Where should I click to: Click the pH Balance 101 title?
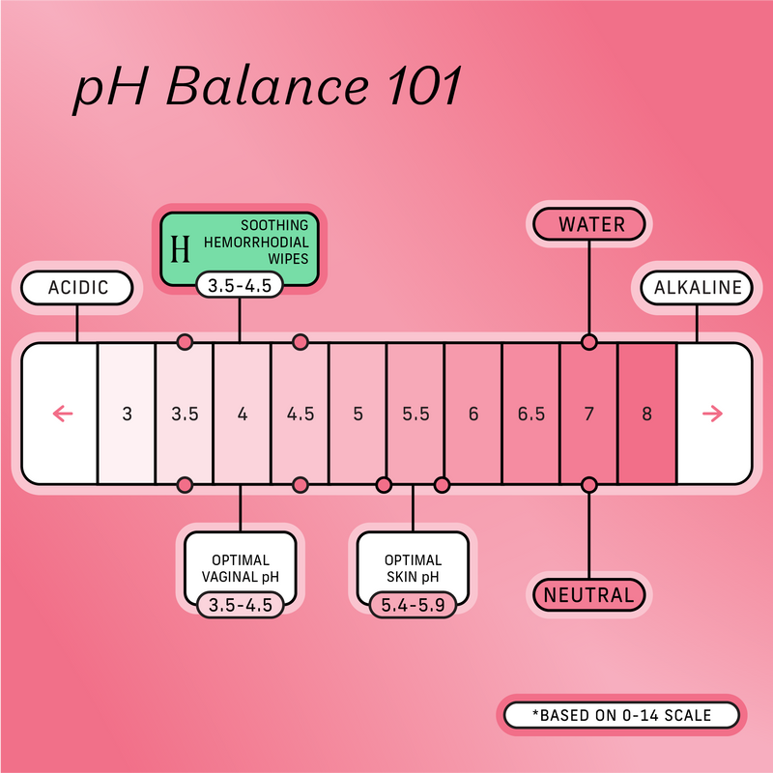tap(269, 90)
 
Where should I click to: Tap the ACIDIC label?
tap(77, 287)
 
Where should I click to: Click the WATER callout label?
tap(591, 225)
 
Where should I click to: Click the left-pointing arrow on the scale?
tap(62, 414)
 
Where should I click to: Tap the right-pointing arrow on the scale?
tap(712, 414)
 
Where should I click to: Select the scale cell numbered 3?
tap(127, 414)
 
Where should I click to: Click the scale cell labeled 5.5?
tap(415, 414)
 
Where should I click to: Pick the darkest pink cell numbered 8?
tap(646, 414)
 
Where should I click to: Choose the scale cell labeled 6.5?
tap(530, 414)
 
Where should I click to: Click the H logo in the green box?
tap(180, 249)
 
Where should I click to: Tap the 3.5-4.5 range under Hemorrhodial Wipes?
tap(240, 286)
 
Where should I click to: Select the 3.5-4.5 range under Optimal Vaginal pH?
tap(240, 606)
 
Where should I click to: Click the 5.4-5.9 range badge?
tap(414, 606)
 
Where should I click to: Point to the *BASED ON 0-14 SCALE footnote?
tap(621, 715)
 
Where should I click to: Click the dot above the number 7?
tap(588, 342)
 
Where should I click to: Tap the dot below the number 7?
tap(588, 484)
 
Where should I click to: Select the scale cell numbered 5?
tap(358, 414)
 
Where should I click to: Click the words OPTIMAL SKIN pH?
tap(414, 568)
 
